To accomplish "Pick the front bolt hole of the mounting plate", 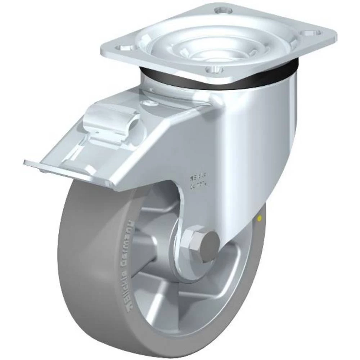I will click(217, 69).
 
